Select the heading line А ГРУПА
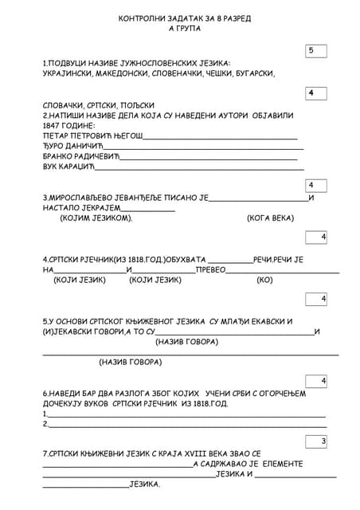click(x=185, y=28)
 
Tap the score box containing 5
click(x=316, y=51)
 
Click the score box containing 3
click(x=316, y=441)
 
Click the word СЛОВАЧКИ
click(x=65, y=105)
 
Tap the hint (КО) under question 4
click(x=264, y=280)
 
